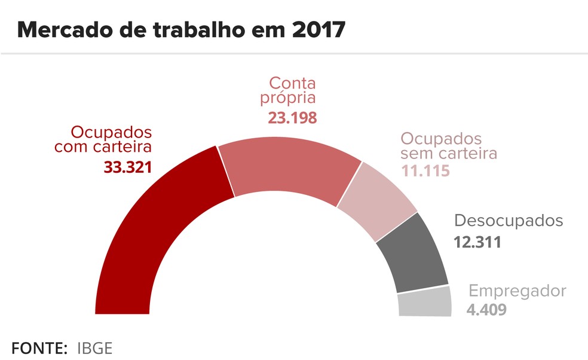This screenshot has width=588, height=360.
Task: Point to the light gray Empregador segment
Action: point(424,302)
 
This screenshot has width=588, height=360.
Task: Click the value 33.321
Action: point(128,167)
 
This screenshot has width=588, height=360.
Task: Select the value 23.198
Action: point(292,117)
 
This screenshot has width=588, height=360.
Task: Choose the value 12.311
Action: point(477,243)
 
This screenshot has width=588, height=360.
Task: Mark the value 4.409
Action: point(487,310)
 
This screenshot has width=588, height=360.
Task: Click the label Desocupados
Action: point(509,221)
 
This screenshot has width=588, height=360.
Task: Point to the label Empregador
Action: point(517,291)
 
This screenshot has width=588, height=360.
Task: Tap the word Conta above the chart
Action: point(292,83)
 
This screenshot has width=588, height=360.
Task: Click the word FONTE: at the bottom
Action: point(39,347)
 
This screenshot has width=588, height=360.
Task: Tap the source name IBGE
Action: point(95,347)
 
